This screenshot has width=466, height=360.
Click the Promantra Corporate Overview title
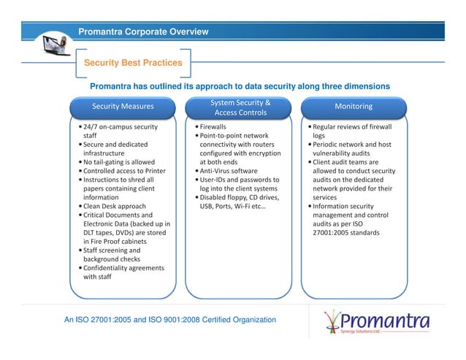143,31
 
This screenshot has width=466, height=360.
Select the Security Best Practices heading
133,63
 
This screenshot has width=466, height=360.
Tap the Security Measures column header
123,107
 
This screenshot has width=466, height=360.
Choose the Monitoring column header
353,107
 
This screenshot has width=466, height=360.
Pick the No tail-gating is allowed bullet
118,162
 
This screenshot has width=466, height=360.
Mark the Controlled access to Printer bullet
124,171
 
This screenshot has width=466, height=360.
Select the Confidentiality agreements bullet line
123,268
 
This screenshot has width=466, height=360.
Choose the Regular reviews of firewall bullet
352,127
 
